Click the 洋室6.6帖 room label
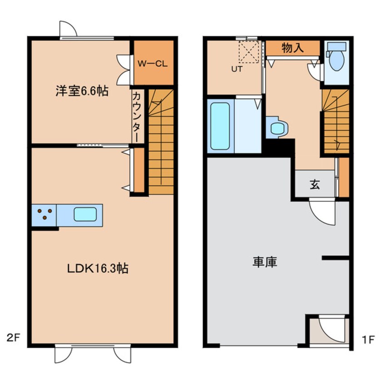[82, 91]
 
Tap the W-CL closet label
[153, 64]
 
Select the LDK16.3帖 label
[97, 268]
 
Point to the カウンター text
[137, 115]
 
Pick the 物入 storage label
[292, 48]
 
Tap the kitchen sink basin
[85, 214]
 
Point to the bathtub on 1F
[220, 126]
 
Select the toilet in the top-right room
[337, 59]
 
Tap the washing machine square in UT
[248, 51]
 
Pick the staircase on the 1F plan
[335, 122]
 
